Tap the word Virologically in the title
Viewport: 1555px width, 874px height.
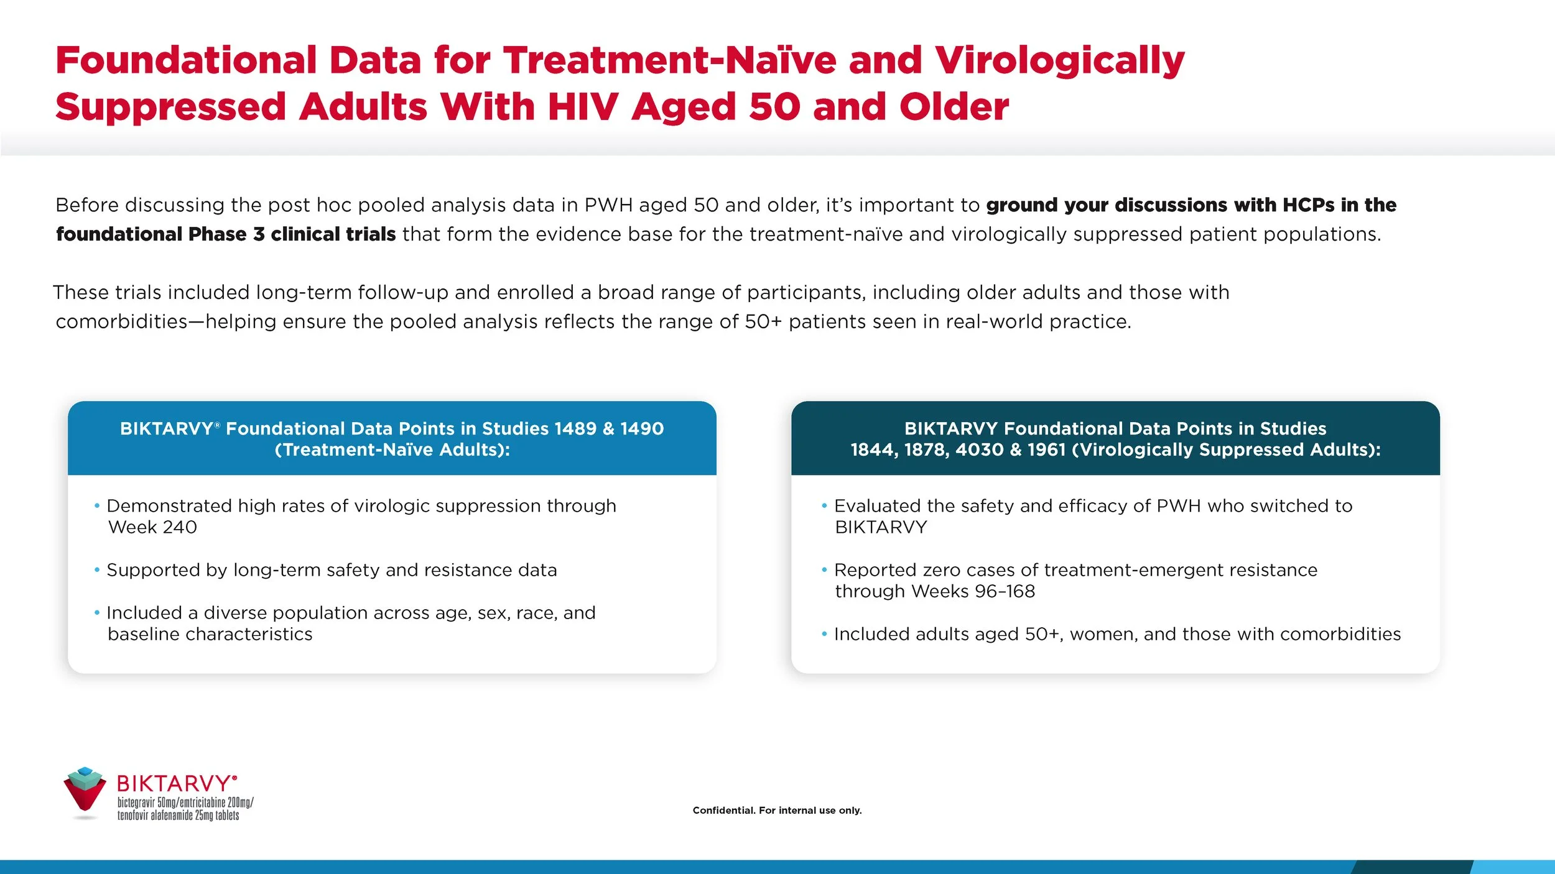1059,60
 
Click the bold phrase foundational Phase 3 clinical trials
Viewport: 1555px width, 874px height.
226,234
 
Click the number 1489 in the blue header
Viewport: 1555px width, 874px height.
575,428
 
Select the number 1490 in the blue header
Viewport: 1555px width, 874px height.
642,428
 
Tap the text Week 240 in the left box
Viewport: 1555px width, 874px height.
152,527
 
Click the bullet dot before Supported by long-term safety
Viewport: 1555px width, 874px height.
97,570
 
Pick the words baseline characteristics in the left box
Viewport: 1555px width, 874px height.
210,634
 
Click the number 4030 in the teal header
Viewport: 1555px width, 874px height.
979,449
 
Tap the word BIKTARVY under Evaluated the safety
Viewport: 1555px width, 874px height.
881,527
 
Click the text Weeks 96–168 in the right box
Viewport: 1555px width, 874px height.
973,591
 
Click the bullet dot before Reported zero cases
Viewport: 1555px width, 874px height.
824,570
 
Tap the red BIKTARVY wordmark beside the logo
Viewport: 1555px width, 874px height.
175,783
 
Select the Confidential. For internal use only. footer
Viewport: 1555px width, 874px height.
777,811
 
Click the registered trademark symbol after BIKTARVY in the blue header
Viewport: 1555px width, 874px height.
218,425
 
